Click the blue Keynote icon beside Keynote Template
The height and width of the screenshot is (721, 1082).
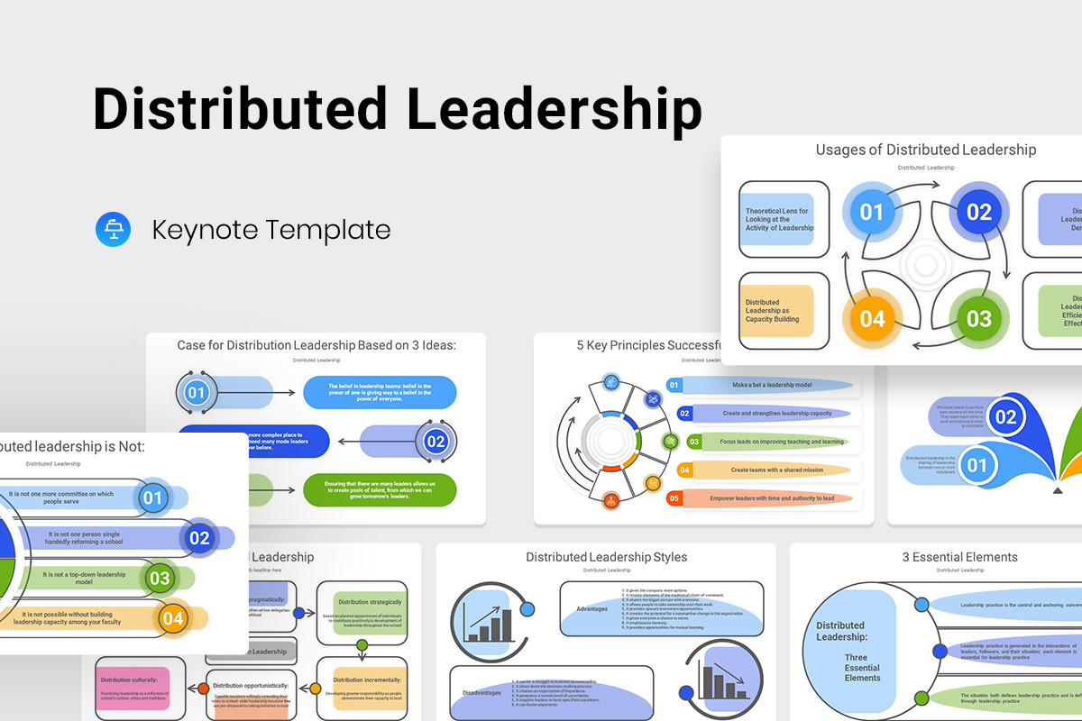(x=114, y=229)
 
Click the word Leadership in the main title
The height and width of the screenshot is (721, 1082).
(x=554, y=110)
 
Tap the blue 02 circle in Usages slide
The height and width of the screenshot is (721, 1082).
(x=978, y=213)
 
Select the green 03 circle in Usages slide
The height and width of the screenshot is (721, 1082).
(x=978, y=319)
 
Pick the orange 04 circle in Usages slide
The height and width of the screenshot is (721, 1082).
(x=872, y=319)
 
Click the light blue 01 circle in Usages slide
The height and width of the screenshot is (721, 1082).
(x=872, y=213)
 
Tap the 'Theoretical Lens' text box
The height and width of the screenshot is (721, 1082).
(x=779, y=220)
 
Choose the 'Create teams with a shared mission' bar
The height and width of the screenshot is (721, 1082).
(x=765, y=470)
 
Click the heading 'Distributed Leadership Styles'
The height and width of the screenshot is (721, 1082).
(x=606, y=557)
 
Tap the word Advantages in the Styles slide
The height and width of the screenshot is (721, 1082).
(x=592, y=609)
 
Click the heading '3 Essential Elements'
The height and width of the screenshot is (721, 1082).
(x=959, y=557)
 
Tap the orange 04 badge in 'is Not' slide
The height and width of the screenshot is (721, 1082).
(x=171, y=618)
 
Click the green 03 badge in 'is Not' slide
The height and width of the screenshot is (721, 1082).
(x=159, y=578)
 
